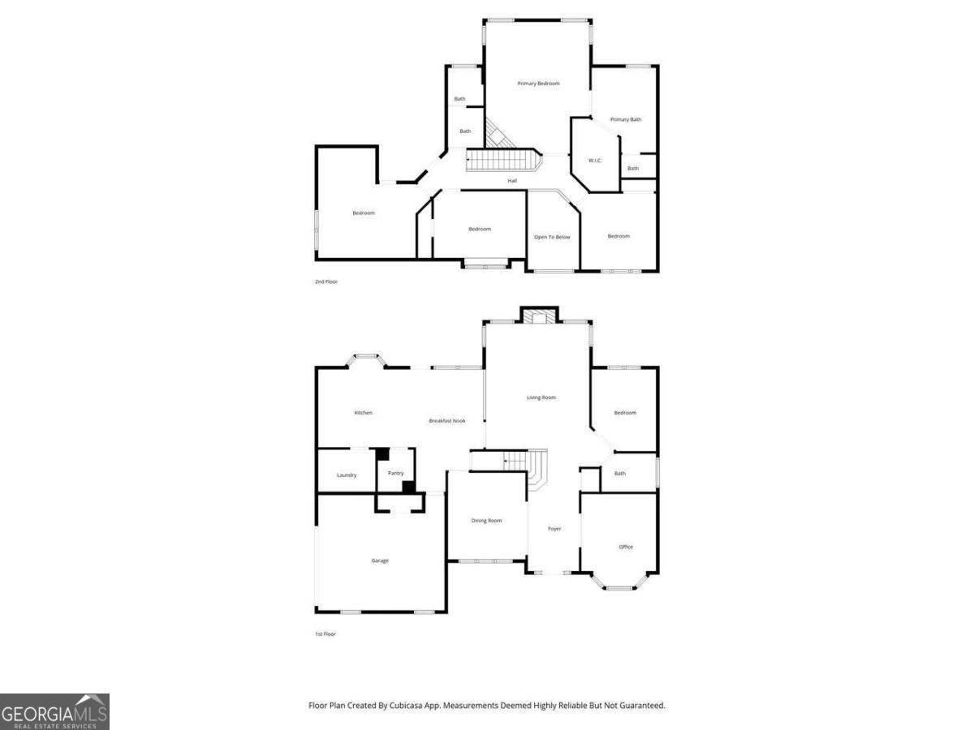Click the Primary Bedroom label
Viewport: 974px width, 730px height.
pos(539,84)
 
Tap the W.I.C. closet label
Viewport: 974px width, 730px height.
pos(595,160)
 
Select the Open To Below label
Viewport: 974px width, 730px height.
pos(552,237)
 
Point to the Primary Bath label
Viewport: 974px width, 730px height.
pos(626,119)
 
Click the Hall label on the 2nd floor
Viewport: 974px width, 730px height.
pos(512,180)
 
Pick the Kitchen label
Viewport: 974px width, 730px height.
pos(364,413)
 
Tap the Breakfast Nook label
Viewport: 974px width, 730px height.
pos(447,421)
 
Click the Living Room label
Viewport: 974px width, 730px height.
pos(541,397)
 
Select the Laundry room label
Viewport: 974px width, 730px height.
pos(347,474)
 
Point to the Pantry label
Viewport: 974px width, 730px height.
pos(395,474)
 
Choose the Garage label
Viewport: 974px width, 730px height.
pos(380,560)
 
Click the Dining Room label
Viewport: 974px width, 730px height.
pos(487,521)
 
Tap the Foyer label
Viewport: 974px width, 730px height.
pos(554,529)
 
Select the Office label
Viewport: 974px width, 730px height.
pos(626,547)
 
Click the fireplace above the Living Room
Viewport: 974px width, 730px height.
pos(538,316)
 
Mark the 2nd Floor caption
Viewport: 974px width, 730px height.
pos(326,281)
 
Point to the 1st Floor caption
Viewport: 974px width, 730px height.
pos(325,633)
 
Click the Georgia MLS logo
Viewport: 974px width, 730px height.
pos(54,711)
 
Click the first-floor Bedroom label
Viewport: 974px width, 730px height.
pos(625,413)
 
